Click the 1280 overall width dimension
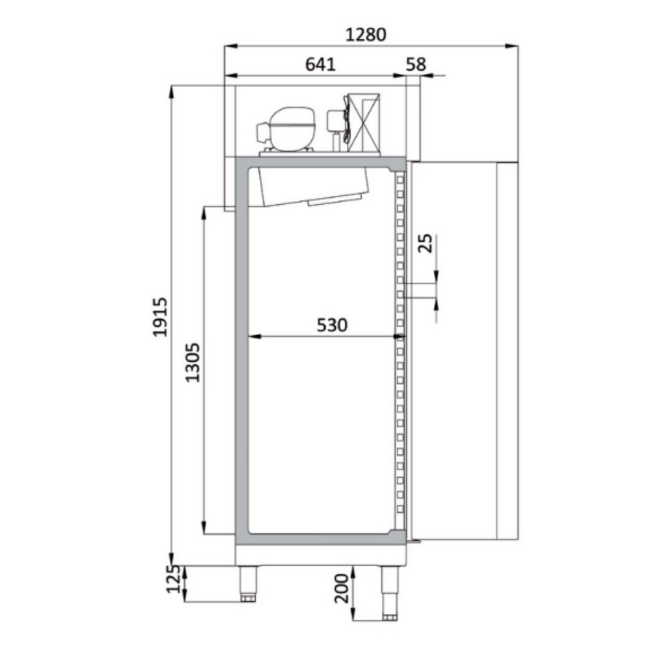[x=366, y=35]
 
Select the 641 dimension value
[x=320, y=64]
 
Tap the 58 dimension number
[x=416, y=64]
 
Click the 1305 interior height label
[x=193, y=362]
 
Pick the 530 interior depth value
[x=332, y=325]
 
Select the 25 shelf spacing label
[x=425, y=243]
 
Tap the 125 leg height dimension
[x=172, y=579]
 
